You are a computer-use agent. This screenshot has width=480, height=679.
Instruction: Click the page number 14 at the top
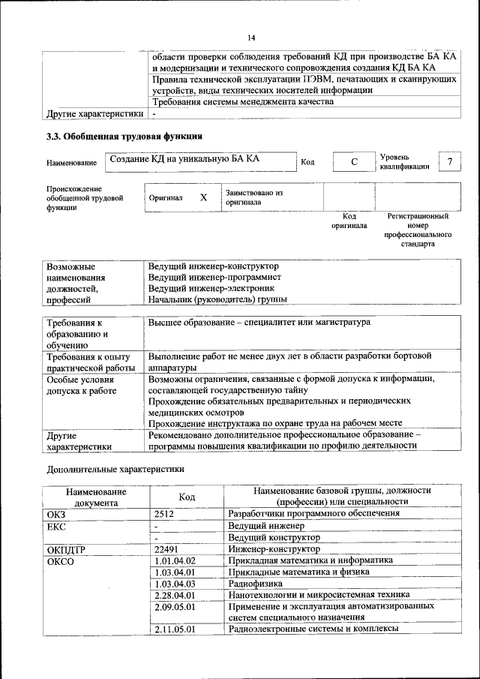251,38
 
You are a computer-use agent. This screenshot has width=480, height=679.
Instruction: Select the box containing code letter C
352,162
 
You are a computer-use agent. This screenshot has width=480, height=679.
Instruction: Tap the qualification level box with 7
449,162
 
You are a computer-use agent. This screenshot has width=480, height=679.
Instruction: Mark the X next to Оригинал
203,197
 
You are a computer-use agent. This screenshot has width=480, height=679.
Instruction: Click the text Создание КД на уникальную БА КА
184,159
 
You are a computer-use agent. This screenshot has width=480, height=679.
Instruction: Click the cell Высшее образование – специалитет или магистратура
259,322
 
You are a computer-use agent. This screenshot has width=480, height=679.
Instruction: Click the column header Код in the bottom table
187,497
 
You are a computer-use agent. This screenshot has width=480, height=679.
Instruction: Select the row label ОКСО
61,560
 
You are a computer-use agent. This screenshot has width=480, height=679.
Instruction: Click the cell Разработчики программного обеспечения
313,514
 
